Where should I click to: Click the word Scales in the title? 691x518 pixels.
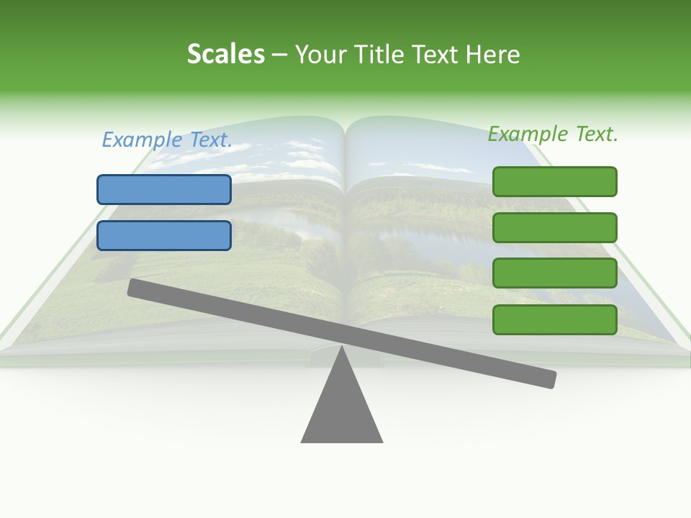225,55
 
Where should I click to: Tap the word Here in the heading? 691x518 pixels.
492,55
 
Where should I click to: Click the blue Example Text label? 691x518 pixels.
167,140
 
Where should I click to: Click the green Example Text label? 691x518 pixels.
553,134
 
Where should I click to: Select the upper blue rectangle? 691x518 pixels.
164,189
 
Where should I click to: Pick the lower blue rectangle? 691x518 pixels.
164,235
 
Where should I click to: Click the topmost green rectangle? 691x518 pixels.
554,181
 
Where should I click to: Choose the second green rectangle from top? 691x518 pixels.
554,227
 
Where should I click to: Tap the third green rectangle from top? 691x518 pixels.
554,273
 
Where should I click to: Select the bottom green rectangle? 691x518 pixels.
554,319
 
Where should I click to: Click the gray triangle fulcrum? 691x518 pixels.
342,410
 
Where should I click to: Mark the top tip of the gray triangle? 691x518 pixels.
342,349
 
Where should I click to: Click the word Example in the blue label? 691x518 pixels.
142,140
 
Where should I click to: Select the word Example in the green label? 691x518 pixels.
528,134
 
